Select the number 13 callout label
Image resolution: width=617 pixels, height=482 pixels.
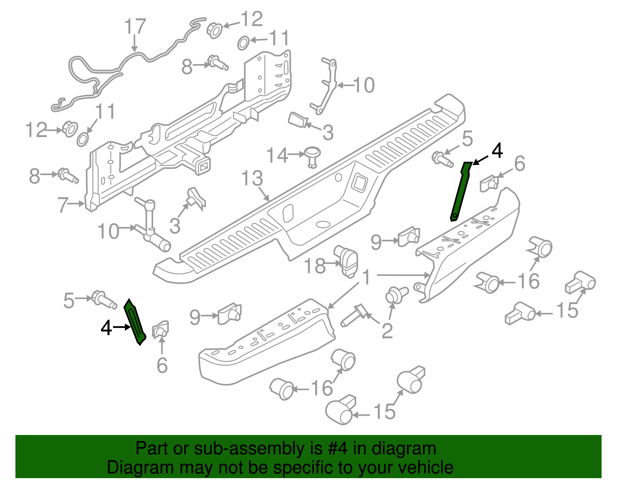coord(252,179)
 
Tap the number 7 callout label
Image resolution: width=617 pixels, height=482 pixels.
coord(63,204)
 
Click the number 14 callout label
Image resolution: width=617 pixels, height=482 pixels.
coord(277,155)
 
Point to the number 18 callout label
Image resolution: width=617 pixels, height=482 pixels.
coord(315,266)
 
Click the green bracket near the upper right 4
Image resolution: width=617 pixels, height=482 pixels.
coord(461,191)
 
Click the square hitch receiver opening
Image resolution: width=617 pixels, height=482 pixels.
coord(203,166)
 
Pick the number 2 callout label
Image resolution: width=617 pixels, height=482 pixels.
coord(387,331)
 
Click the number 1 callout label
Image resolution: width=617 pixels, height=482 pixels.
coord(366,277)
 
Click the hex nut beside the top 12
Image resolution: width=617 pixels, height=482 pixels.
coord(214,29)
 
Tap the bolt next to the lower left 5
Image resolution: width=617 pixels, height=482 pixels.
coord(103,300)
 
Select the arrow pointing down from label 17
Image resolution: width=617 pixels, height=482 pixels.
coord(134,43)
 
